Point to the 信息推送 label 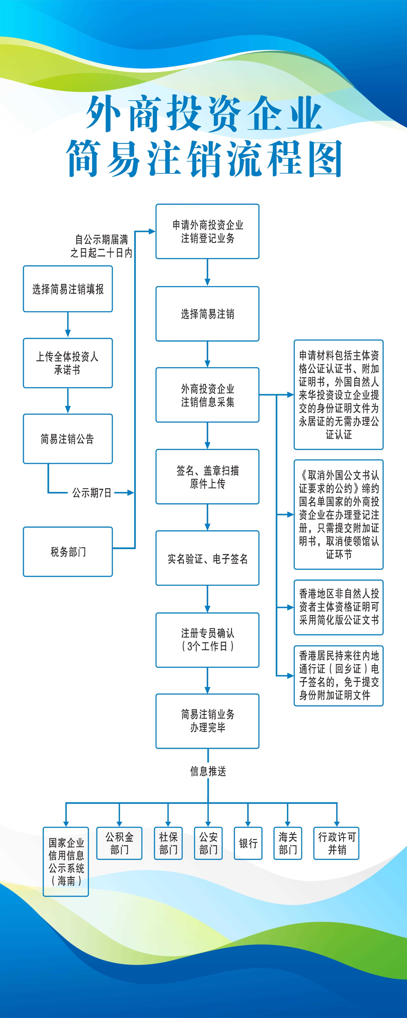pyautogui.click(x=208, y=771)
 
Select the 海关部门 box pyautogui.click(x=288, y=843)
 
